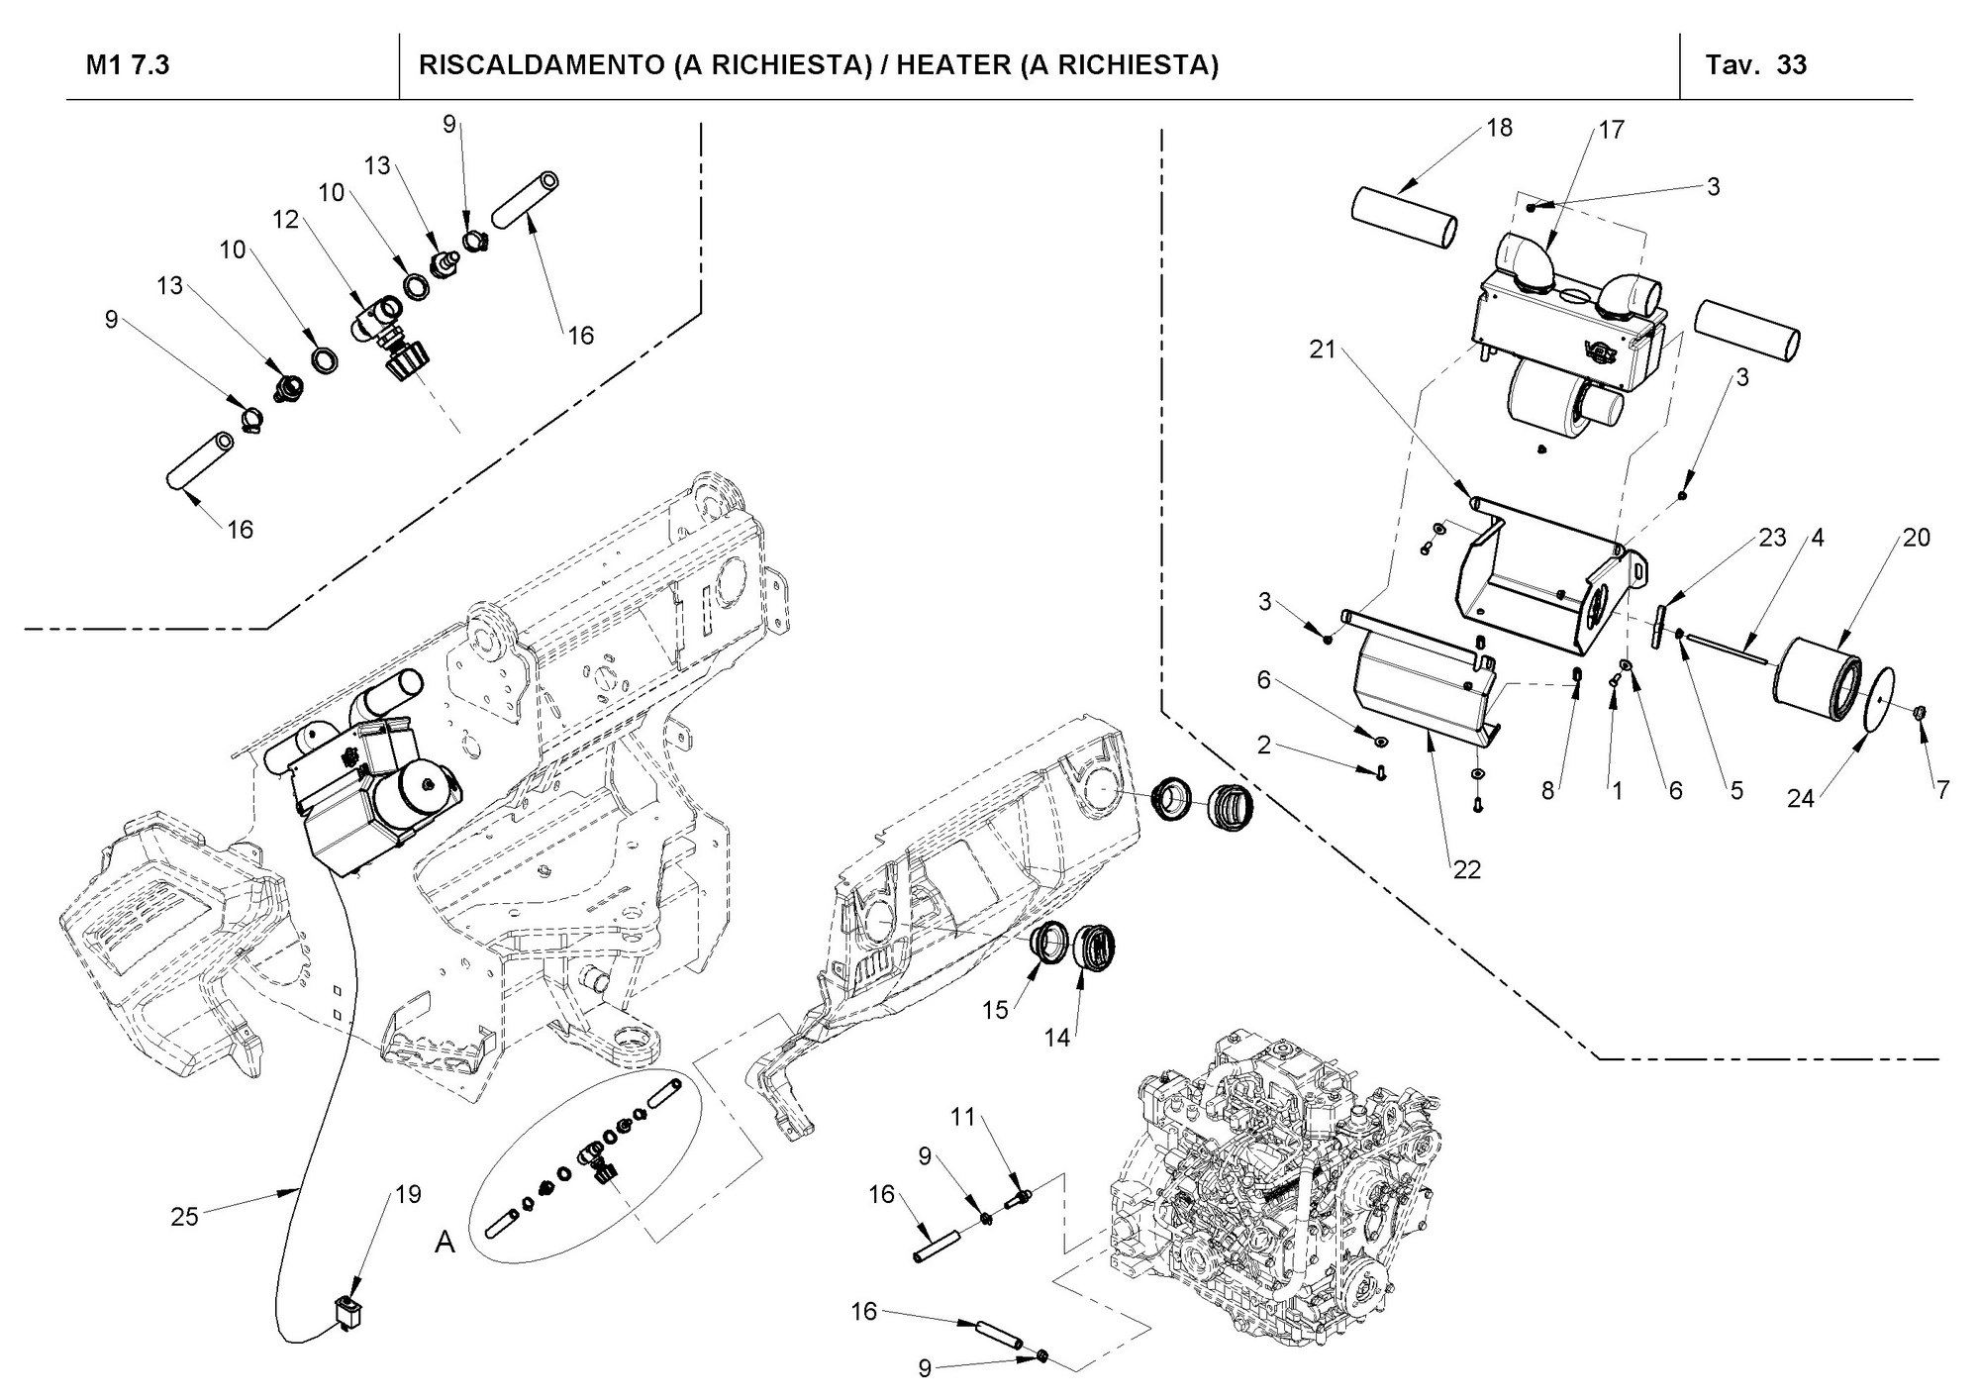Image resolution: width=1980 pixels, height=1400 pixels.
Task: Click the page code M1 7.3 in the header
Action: click(x=128, y=65)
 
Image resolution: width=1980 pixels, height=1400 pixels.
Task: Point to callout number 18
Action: click(x=1500, y=128)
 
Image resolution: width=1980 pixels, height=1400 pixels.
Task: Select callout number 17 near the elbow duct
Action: click(x=1611, y=130)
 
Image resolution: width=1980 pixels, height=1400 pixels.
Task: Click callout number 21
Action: click(x=1323, y=350)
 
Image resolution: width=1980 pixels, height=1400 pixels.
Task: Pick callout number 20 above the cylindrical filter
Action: click(x=1916, y=538)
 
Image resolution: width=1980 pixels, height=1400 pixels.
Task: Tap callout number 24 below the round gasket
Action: click(x=1800, y=797)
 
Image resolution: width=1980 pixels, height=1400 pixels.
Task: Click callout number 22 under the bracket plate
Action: click(x=1466, y=869)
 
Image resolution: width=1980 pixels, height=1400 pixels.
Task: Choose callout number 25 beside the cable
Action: click(x=185, y=1217)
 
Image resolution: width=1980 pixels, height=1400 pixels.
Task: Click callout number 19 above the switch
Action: click(x=408, y=1194)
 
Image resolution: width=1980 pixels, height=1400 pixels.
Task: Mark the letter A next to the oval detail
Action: click(x=445, y=1243)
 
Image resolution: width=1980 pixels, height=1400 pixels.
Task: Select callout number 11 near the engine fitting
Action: click(x=963, y=1118)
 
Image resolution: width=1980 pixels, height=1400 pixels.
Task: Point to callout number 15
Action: click(x=995, y=1009)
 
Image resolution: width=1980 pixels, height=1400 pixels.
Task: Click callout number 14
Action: click(x=1057, y=1038)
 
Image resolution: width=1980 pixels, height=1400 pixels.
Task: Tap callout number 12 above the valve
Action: click(x=286, y=220)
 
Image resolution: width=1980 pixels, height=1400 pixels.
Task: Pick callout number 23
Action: click(x=1771, y=538)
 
